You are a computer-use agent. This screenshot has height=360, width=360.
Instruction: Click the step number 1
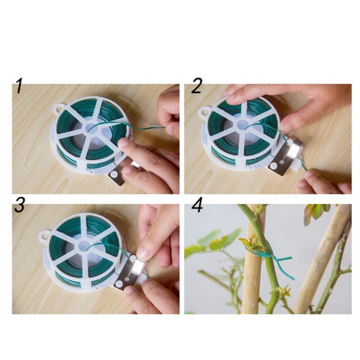pyautogui.click(x=19, y=87)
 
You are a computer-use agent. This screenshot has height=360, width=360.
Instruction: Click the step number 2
pyautogui.click(x=196, y=87)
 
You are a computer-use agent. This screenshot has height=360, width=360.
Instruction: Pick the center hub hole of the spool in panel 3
pyautogui.click(x=84, y=246)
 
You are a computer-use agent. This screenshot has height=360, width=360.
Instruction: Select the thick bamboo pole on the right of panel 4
pyautogui.click(x=323, y=257)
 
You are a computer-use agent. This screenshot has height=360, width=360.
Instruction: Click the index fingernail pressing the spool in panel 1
pyautogui.click(x=123, y=143)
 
